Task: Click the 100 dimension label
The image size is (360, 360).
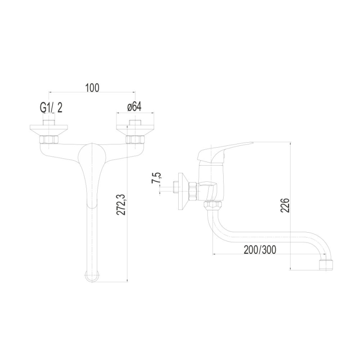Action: pos(92,88)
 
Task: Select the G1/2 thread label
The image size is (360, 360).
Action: pos(51,108)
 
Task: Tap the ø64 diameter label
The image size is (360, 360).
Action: pos(134,107)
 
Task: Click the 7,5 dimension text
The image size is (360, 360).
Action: pos(157,178)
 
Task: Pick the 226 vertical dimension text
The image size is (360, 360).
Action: pos(285,206)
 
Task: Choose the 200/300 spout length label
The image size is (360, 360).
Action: pos(260,250)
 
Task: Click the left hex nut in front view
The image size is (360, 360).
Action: pos(49,139)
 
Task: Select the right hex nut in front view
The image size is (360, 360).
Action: pos(135,139)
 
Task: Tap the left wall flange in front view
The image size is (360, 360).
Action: pos(49,130)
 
